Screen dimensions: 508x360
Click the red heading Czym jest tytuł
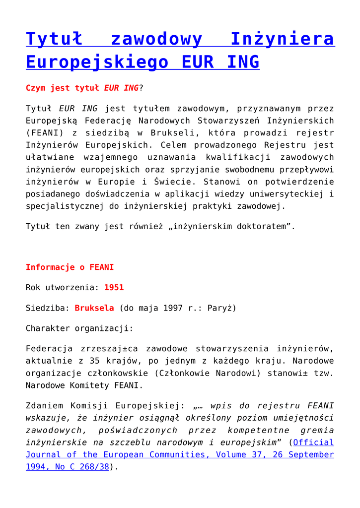(x=64, y=88)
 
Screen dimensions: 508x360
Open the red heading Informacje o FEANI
(x=70, y=267)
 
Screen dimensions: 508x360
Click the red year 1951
(x=114, y=287)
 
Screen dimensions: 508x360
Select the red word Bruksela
(x=94, y=308)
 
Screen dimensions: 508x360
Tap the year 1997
(x=173, y=308)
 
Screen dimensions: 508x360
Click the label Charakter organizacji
(x=79, y=328)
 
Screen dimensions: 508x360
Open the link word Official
(x=314, y=442)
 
